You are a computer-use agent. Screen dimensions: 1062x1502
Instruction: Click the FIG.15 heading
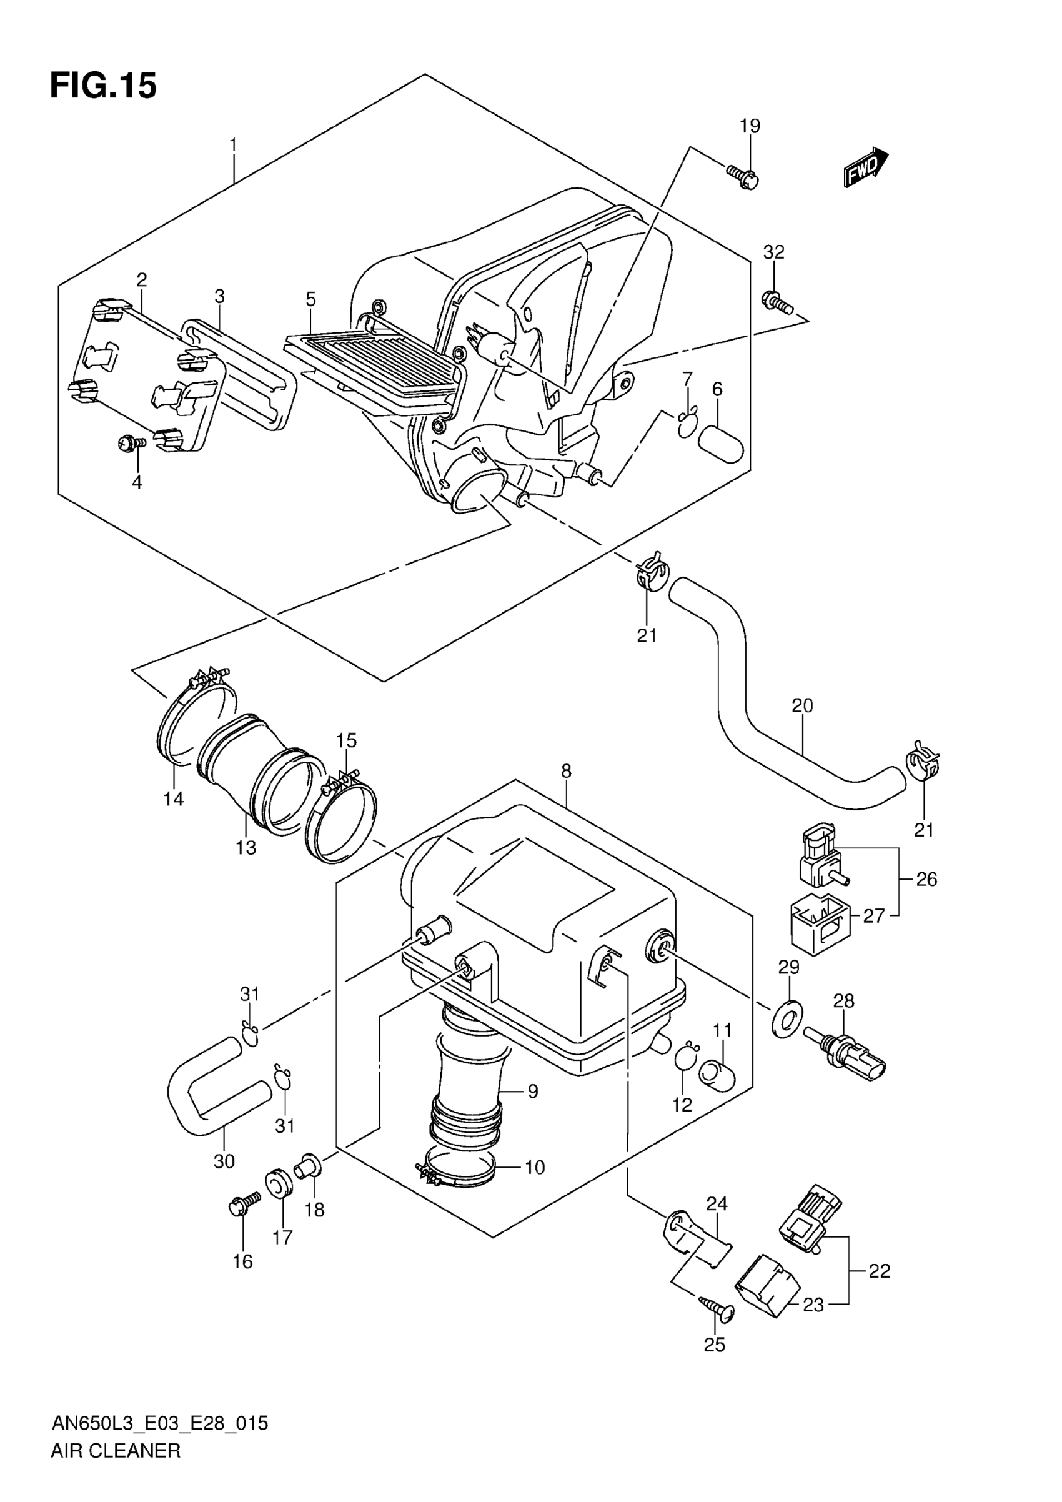pyautogui.click(x=103, y=86)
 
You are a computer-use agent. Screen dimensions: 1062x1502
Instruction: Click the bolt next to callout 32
pyautogui.click(x=778, y=301)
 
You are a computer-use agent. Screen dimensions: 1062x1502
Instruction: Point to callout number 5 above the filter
pyautogui.click(x=310, y=300)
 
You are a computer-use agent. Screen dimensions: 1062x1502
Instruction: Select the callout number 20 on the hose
pyautogui.click(x=802, y=706)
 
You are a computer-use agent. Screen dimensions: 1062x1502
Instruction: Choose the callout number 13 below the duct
pyautogui.click(x=246, y=848)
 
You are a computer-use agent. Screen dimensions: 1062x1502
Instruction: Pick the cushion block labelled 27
pyautogui.click(x=820, y=923)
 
